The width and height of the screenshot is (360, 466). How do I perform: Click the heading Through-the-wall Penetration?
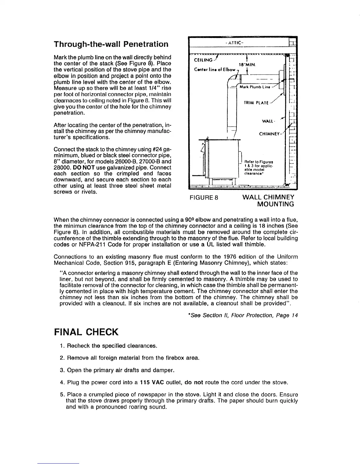111,44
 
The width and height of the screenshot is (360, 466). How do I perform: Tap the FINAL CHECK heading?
86,332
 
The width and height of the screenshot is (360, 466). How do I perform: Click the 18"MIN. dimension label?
248,64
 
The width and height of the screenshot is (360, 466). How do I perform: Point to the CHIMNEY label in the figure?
270,134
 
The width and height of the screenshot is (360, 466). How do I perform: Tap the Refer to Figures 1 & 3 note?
259,167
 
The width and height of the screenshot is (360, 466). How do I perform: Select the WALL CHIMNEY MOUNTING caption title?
268,200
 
